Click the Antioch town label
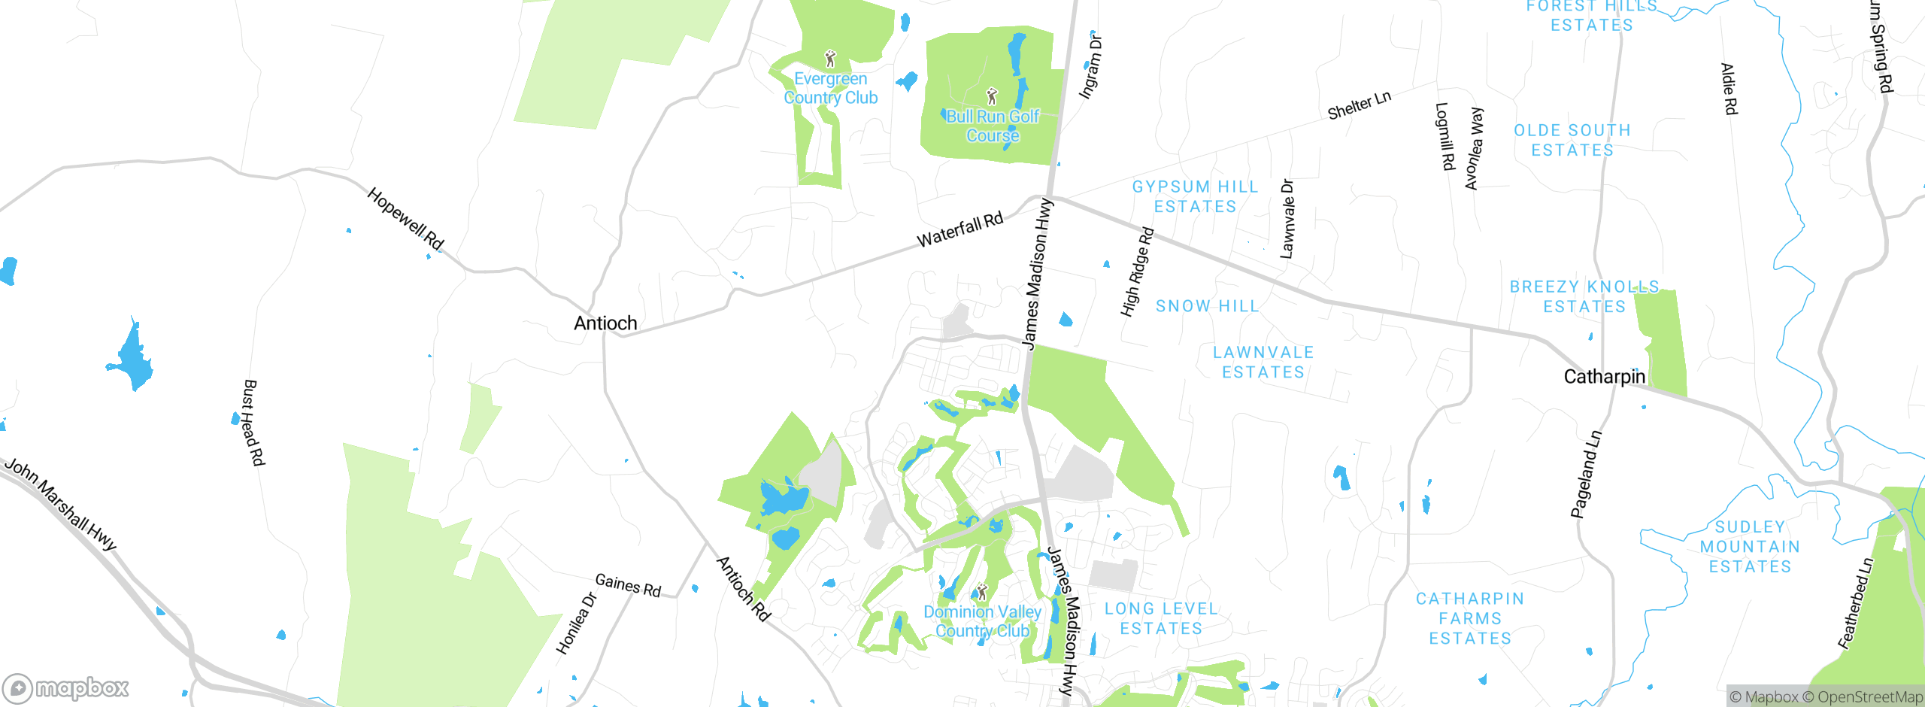[x=605, y=323]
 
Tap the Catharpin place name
[x=1604, y=376]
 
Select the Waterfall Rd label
[x=960, y=229]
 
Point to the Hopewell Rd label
[x=405, y=219]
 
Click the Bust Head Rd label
[x=253, y=423]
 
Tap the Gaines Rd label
[x=628, y=585]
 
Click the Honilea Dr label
[x=576, y=624]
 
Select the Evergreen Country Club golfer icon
[x=830, y=59]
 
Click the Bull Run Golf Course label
[x=993, y=126]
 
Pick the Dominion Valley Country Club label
[x=982, y=621]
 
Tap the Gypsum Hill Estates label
[x=1195, y=196]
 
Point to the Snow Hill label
[x=1207, y=306]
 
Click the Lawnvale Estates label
[x=1263, y=362]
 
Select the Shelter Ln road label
[x=1359, y=105]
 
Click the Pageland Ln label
[x=1587, y=474]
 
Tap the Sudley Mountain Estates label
[x=1750, y=547]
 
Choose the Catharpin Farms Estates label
[x=1469, y=618]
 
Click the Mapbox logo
[x=66, y=688]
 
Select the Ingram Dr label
[x=1090, y=66]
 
